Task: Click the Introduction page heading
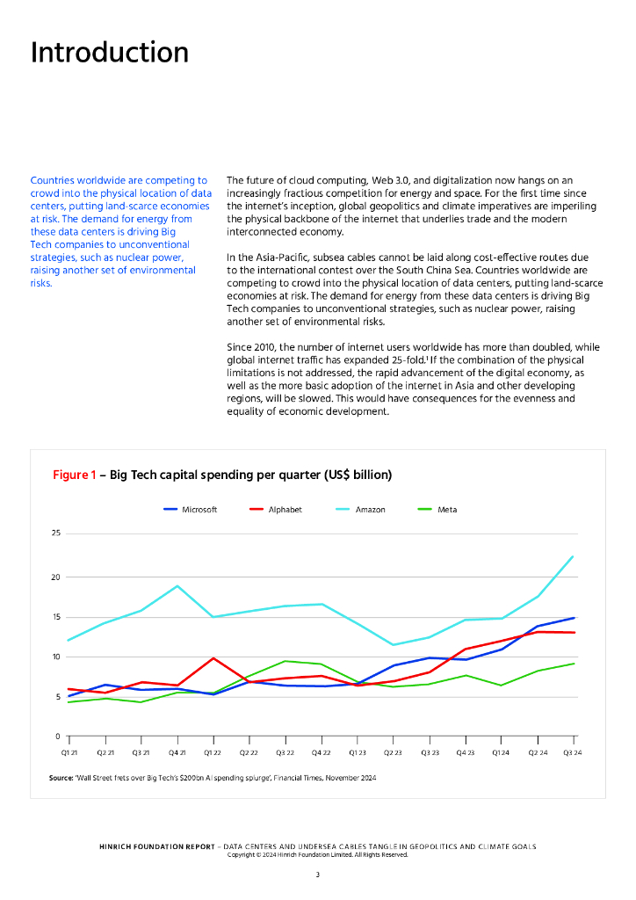(x=110, y=53)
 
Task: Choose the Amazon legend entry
(x=370, y=510)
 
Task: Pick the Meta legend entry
(x=447, y=510)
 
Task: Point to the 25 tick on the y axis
(x=55, y=533)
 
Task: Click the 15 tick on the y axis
(x=55, y=617)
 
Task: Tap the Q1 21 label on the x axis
(x=68, y=753)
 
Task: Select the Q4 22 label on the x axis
(x=321, y=753)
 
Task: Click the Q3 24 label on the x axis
(x=573, y=753)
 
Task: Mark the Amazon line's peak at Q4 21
(x=177, y=585)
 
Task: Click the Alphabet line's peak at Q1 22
(x=213, y=657)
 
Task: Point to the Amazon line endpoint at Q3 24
(x=574, y=556)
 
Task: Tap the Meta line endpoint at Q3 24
(x=574, y=664)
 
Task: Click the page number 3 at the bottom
(x=318, y=875)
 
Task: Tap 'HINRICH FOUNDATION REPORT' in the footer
(x=156, y=846)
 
